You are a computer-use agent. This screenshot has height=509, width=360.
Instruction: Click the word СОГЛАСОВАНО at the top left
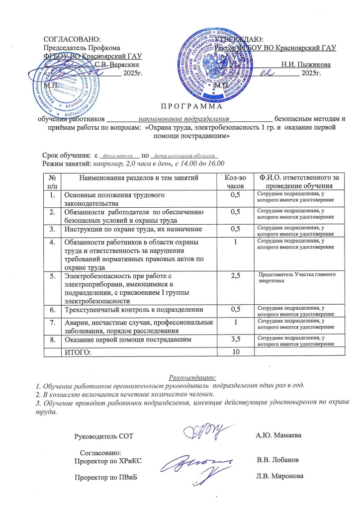(72, 39)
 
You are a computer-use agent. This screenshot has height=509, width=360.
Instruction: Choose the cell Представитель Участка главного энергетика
(295, 277)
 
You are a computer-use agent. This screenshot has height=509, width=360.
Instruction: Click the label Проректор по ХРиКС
(108, 461)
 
